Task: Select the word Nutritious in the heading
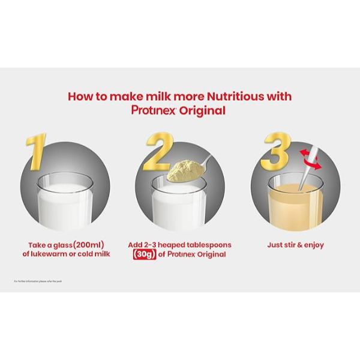point(225,97)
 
